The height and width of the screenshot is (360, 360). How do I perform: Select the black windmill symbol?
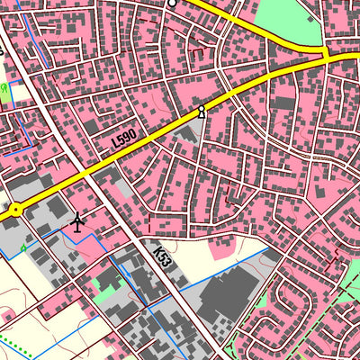click(x=77, y=220)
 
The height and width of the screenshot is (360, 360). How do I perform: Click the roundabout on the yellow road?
click(x=15, y=210)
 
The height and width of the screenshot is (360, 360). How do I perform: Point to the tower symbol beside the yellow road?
click(x=202, y=112)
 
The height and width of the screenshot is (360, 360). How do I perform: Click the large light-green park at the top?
click(x=288, y=20)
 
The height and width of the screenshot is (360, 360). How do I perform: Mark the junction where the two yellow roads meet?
click(x=326, y=56)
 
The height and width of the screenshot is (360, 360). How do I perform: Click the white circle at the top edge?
click(x=172, y=4)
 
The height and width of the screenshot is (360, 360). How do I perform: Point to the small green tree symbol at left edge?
click(x=5, y=89)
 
